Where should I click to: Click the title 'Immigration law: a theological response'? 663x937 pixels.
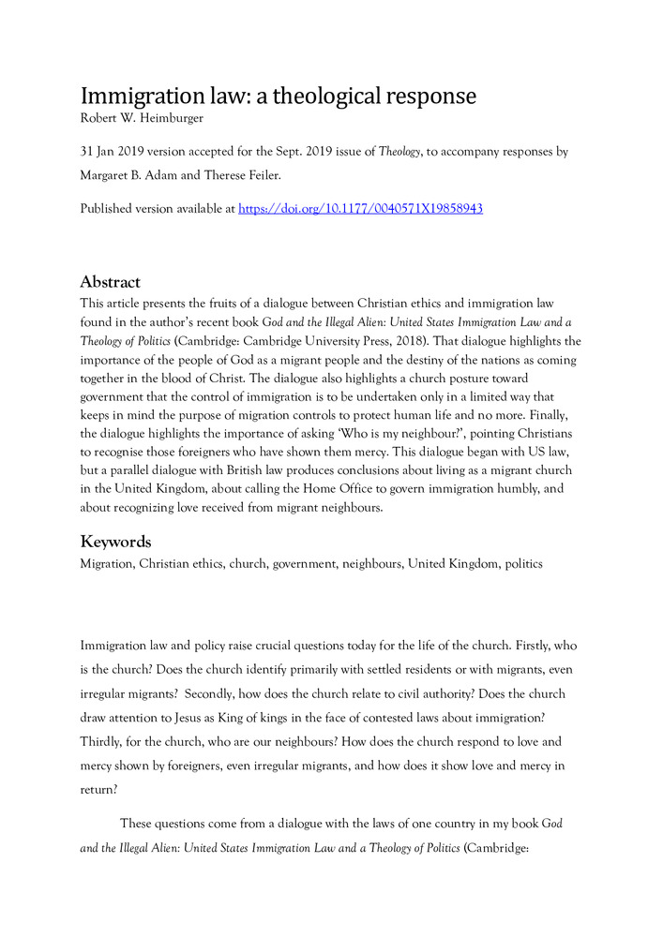pyautogui.click(x=279, y=97)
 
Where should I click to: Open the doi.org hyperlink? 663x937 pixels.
pyautogui.click(x=361, y=209)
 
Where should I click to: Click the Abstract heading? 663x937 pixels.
pyautogui.click(x=110, y=282)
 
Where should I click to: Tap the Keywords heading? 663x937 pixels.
pyautogui.click(x=115, y=543)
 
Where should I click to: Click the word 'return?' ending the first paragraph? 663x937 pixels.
pyautogui.click(x=98, y=789)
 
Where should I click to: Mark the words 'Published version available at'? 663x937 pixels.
pyautogui.click(x=157, y=209)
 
